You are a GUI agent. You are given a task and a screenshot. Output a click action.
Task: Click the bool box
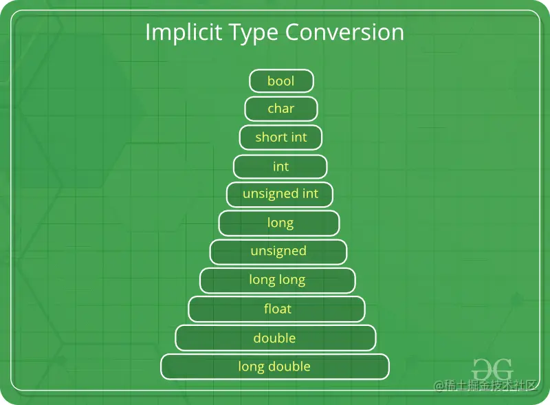281,81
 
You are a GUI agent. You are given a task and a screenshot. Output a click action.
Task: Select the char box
281,109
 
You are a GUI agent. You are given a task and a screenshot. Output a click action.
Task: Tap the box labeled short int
280,138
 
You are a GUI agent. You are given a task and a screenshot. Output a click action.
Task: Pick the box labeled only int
280,166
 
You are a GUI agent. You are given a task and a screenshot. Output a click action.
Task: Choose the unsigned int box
280,195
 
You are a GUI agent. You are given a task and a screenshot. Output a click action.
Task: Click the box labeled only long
279,223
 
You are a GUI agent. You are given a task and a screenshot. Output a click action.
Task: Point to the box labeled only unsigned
278,252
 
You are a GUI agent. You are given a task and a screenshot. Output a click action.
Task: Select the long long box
278,281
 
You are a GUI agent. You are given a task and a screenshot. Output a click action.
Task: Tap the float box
277,309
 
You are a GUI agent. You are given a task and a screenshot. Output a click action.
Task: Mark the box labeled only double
275,338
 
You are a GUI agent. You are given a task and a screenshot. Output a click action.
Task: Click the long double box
275,366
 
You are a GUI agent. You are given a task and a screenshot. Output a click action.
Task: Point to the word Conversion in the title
344,32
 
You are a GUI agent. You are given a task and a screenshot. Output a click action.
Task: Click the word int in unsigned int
310,194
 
